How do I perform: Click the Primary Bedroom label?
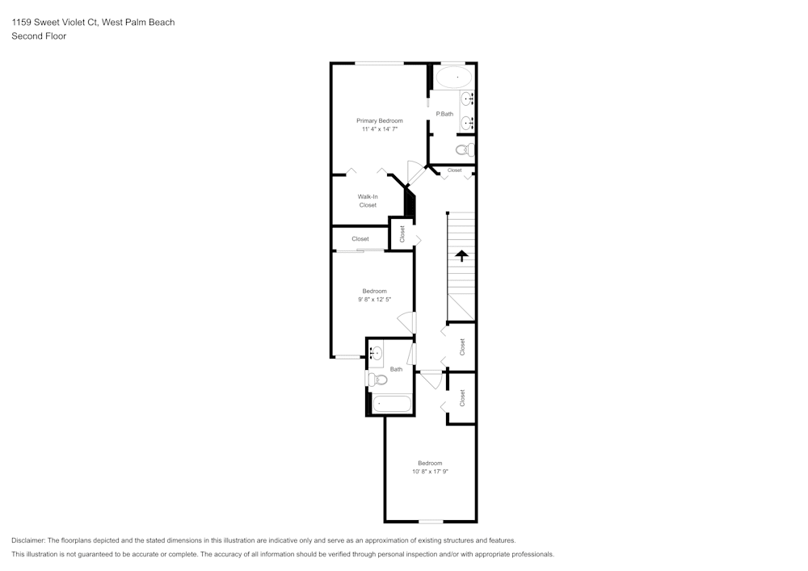point(380,120)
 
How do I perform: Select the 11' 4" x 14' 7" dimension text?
point(380,129)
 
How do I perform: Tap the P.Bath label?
point(444,114)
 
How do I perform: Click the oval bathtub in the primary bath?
point(453,78)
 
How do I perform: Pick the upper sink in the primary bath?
point(467,100)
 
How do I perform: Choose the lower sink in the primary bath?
point(467,123)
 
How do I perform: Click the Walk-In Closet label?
point(368,201)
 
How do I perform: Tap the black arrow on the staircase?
point(461,256)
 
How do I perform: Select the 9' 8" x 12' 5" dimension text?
point(374,300)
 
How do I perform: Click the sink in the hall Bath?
point(376,353)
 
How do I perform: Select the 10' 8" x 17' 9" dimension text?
point(430,472)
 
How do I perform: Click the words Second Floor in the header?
point(39,36)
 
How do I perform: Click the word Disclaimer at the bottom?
point(29,540)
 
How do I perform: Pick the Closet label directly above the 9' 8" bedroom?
point(360,239)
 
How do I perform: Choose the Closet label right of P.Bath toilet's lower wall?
point(454,170)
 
